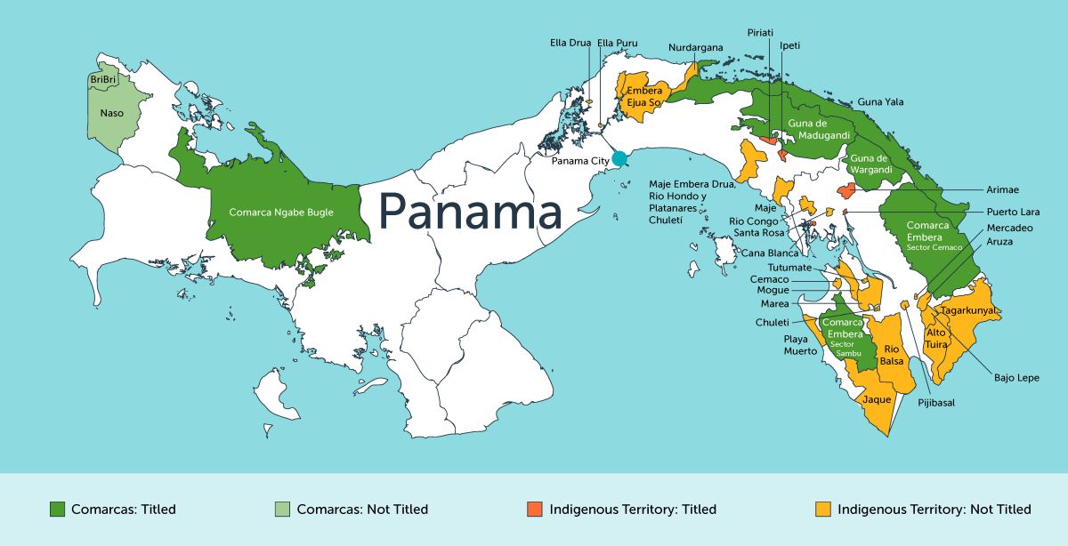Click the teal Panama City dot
pyautogui.click(x=619, y=159)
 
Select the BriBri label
pyautogui.click(x=104, y=80)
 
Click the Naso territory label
pyautogui.click(x=112, y=113)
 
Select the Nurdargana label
pyautogui.click(x=696, y=48)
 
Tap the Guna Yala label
pyautogui.click(x=879, y=102)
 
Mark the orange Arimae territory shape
pyautogui.click(x=846, y=190)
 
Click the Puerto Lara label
pyautogui.click(x=1013, y=213)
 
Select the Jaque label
pyautogui.click(x=877, y=400)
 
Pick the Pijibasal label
pyautogui.click(x=937, y=403)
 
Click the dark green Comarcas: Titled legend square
pyautogui.click(x=57, y=510)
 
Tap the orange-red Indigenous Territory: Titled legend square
pyautogui.click(x=534, y=510)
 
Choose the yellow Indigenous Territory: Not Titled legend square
pyautogui.click(x=823, y=510)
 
